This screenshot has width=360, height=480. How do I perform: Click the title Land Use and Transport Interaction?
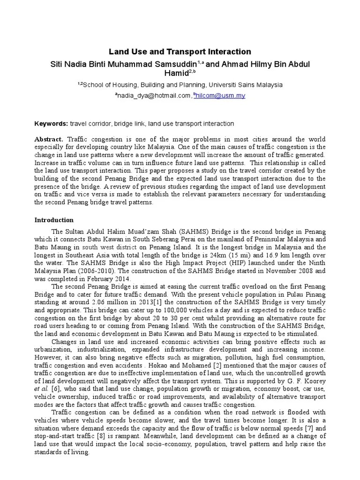(x=180, y=52)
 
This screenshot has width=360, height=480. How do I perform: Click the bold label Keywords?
(x=51, y=124)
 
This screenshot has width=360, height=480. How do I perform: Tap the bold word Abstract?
(x=49, y=140)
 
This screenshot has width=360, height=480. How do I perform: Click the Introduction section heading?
(x=54, y=219)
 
